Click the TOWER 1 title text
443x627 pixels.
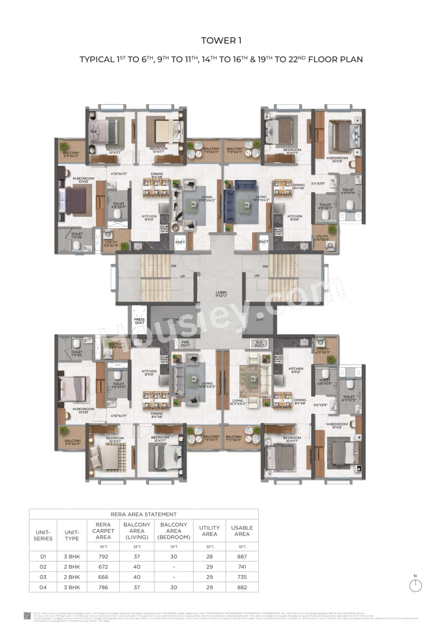(x=221, y=41)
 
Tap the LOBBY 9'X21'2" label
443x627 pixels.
(x=221, y=294)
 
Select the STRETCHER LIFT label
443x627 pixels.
(x=173, y=321)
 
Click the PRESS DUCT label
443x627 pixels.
(x=139, y=321)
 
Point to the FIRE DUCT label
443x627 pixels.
(x=186, y=344)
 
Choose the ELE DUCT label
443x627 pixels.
(x=259, y=344)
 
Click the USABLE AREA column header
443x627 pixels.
(x=242, y=531)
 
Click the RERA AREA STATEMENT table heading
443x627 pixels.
(x=144, y=514)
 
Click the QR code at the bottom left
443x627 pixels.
(x=27, y=615)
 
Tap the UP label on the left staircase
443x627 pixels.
(x=182, y=276)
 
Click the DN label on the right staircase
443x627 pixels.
(x=265, y=266)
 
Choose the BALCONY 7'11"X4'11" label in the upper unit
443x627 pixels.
(x=234, y=150)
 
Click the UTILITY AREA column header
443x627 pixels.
(x=209, y=531)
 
